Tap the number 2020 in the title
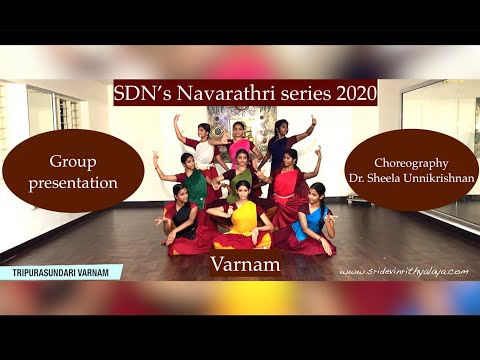(350, 93)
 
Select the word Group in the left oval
(73, 159)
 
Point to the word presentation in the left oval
(73, 182)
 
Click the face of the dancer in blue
(316, 191)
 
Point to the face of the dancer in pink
(240, 130)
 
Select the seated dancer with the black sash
(182, 215)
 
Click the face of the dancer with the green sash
(187, 160)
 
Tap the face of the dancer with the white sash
(204, 130)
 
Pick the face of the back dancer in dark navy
(282, 127)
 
